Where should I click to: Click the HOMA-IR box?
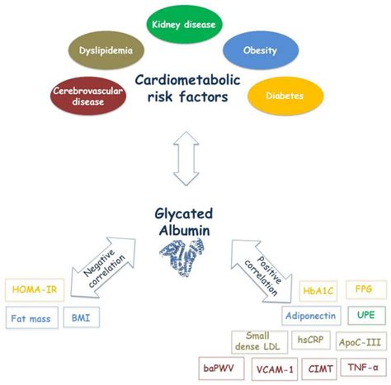pos(39,289)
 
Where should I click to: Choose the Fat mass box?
pos(35,318)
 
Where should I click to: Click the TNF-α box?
pos(363,369)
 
